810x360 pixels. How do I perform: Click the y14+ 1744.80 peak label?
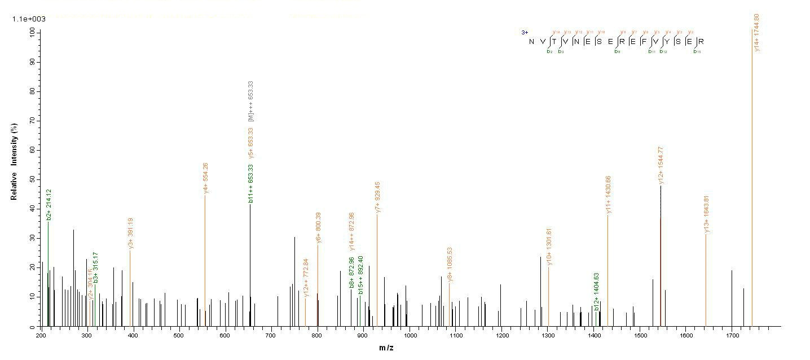756,33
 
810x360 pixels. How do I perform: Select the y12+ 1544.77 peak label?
661,164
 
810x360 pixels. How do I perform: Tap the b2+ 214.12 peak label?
49,203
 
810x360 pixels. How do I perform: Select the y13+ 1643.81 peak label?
706,214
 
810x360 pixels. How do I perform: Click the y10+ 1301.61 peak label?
549,247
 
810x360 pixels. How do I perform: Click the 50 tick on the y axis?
31,179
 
